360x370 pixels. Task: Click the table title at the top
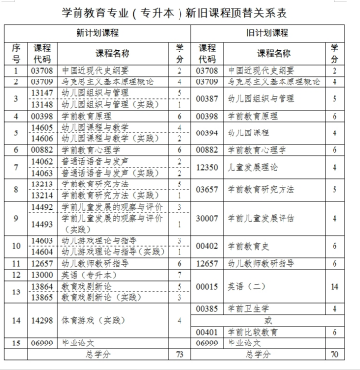pyautogui.click(x=179, y=11)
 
